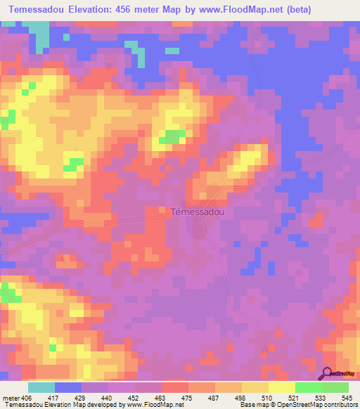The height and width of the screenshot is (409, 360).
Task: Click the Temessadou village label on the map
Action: [x=198, y=210]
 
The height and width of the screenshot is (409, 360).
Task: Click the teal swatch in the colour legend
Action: [x=41, y=387]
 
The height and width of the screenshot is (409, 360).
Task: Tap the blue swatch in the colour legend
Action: [x=67, y=387]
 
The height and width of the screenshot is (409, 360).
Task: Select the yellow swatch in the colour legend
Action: [x=281, y=387]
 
